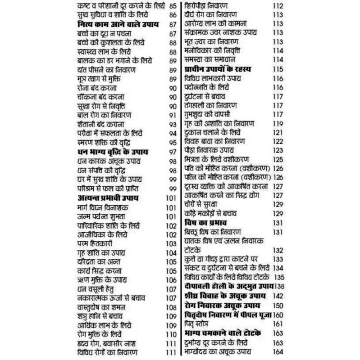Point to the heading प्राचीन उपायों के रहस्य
coord(218,69)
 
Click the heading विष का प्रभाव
coord(205,223)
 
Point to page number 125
coord(278,159)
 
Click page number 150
coord(278,306)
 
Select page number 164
coord(278,351)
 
